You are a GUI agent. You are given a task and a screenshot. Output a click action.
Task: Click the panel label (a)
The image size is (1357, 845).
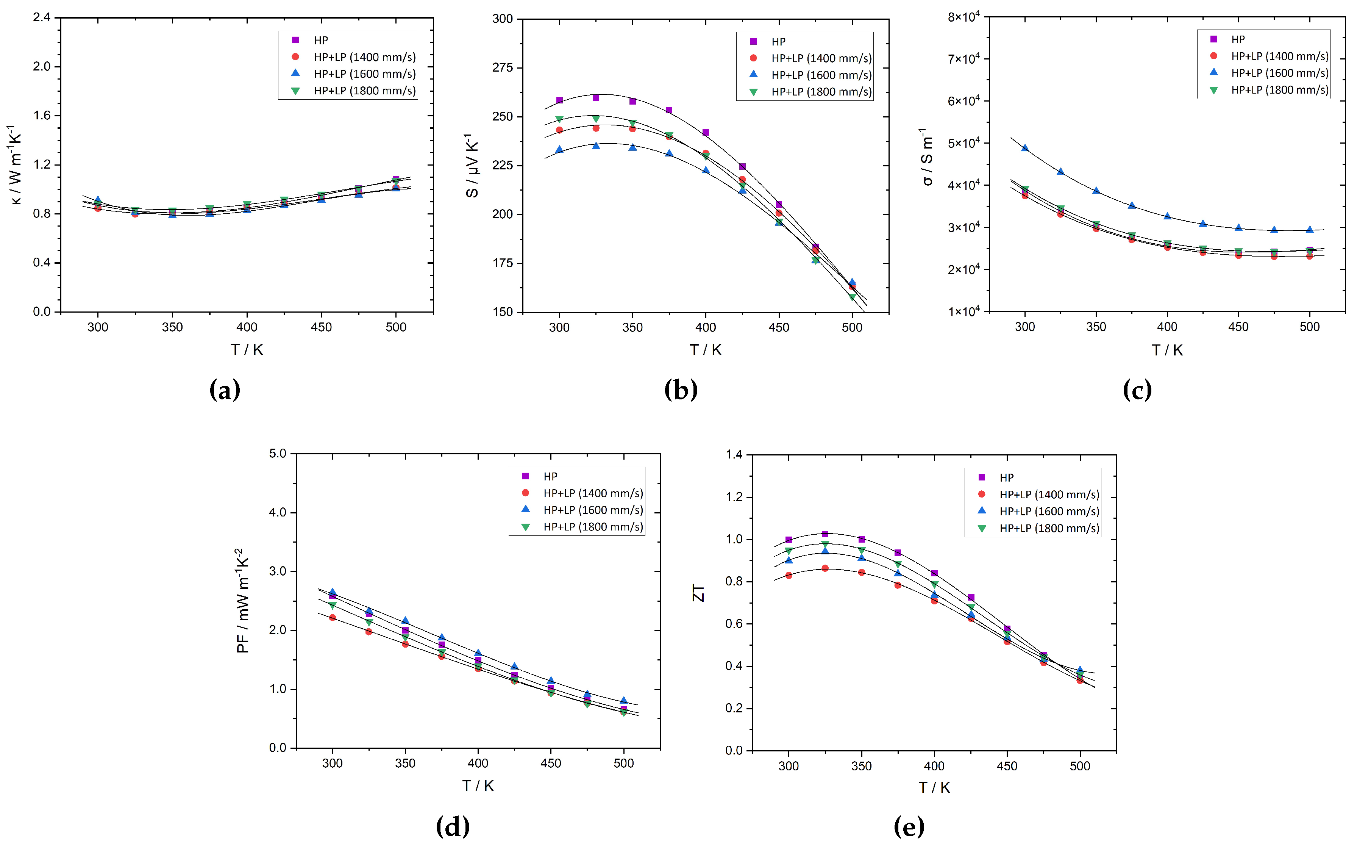225,390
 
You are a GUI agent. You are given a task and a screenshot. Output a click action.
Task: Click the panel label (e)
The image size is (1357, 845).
909,826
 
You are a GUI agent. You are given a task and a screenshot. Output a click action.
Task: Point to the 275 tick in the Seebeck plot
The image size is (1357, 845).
502,67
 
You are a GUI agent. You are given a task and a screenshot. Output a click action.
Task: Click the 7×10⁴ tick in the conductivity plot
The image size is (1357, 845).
963,59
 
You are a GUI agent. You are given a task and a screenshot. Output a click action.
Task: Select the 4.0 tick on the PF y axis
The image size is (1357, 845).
278,512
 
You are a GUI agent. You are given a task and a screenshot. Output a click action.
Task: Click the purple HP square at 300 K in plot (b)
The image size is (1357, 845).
559,100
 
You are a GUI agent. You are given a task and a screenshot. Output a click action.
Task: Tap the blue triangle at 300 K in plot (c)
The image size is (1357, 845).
1025,148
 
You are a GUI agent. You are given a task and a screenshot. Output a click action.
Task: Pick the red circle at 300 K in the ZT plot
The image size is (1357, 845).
789,575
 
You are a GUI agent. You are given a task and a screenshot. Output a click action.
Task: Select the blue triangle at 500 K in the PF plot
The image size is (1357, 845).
624,701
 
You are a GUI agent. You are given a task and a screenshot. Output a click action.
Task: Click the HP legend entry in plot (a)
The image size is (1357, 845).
320,40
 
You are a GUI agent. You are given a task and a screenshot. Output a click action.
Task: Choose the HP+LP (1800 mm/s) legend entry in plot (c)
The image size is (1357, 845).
1279,90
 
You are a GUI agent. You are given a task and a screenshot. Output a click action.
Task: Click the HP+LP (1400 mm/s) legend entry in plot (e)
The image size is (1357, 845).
1048,494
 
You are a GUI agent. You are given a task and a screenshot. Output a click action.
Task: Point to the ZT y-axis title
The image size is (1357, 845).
698,593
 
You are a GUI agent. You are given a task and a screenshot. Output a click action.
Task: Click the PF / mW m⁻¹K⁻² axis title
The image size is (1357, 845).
242,601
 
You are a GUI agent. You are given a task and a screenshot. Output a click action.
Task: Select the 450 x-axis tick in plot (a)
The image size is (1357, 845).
321,327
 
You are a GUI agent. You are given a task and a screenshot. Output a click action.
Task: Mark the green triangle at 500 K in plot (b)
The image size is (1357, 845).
852,297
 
